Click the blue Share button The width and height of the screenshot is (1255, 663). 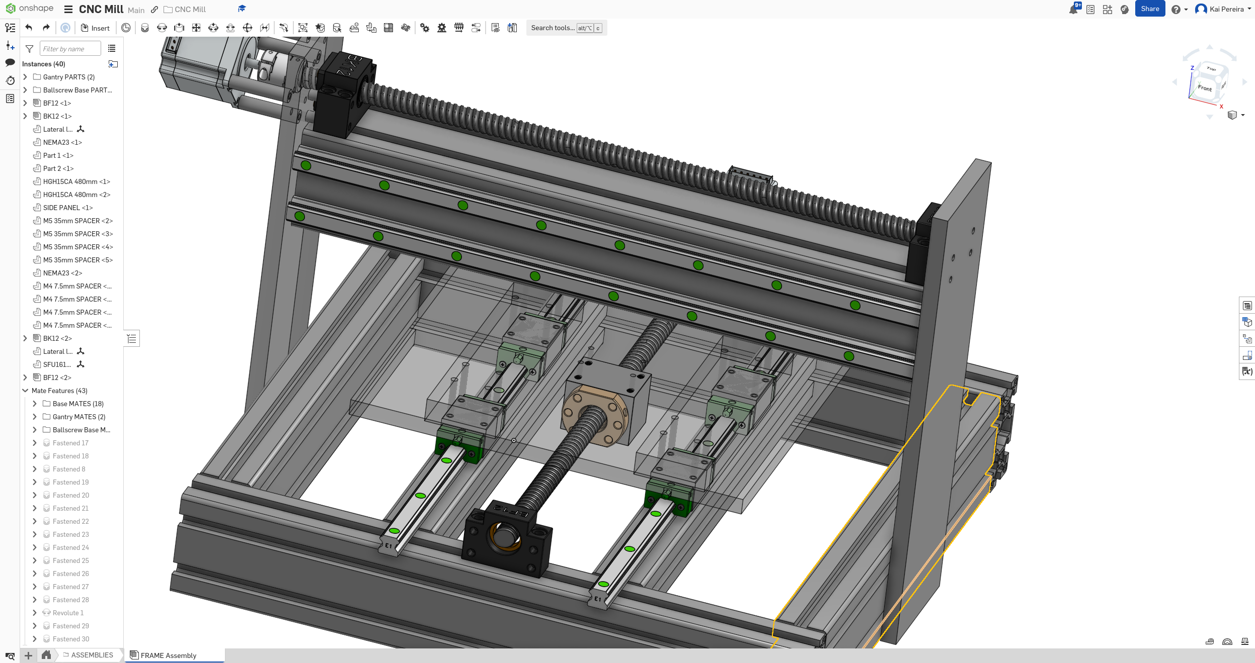pyautogui.click(x=1149, y=9)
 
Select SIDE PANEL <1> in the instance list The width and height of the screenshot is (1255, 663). pyautogui.click(x=67, y=208)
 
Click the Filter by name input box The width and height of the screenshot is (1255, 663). pyautogui.click(x=69, y=49)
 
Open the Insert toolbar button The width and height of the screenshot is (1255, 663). pyautogui.click(x=95, y=28)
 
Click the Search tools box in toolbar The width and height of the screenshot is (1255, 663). pyautogui.click(x=553, y=28)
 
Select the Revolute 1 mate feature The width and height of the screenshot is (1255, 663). pyautogui.click(x=68, y=613)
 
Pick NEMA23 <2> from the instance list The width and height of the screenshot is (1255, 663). pyautogui.click(x=62, y=273)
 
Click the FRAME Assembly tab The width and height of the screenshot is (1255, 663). pyautogui.click(x=168, y=655)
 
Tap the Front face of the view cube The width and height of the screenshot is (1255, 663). pyautogui.click(x=1205, y=88)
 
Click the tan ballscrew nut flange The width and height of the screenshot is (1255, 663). pyautogui.click(x=594, y=415)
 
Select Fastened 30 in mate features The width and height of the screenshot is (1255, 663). pyautogui.click(x=71, y=639)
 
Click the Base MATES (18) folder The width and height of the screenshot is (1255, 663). pyautogui.click(x=77, y=404)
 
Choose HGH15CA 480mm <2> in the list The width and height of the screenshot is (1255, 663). pyautogui.click(x=76, y=195)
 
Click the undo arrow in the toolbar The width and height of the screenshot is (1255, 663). pyautogui.click(x=29, y=28)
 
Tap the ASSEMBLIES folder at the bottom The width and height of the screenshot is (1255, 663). pyautogui.click(x=92, y=655)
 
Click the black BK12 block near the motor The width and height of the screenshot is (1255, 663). pyautogui.click(x=347, y=93)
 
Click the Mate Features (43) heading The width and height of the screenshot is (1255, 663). pyautogui.click(x=59, y=391)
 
